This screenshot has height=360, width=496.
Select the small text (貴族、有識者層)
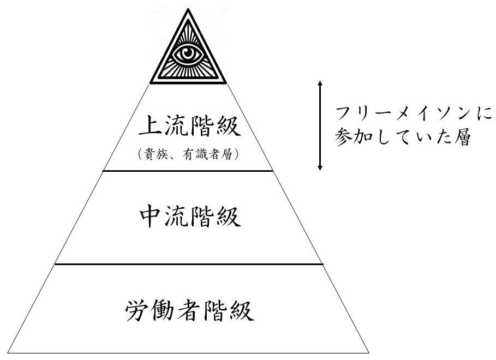pos(189,155)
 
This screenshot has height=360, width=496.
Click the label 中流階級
pos(189,218)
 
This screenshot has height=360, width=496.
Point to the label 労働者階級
pos(189,311)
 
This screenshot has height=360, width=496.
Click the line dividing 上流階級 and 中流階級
pos(188,171)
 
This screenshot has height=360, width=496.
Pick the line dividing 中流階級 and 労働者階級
pos(188,264)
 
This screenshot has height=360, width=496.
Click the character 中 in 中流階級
pos(150,218)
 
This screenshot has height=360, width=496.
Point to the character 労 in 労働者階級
pos(136,311)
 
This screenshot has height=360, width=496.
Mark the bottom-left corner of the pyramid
pos(9,352)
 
